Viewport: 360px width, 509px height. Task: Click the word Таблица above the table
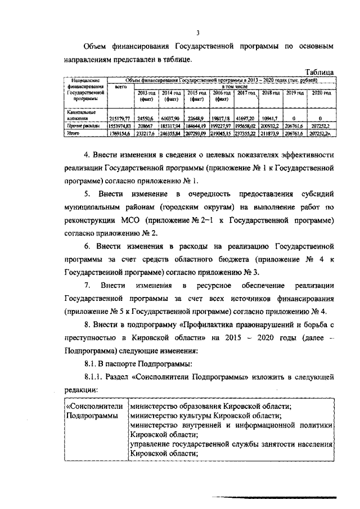pos(319,73)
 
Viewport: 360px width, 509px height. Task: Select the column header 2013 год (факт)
pos(147,95)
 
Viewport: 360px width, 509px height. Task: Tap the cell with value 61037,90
pos(172,119)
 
